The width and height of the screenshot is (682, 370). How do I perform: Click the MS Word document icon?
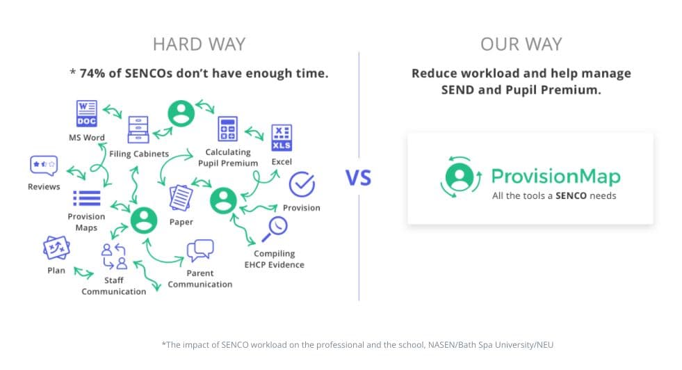(x=87, y=113)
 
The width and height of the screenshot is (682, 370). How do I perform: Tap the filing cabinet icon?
(x=138, y=130)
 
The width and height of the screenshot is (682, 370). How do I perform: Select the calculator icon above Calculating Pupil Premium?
(x=227, y=129)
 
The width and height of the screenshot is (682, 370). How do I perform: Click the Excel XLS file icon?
(x=282, y=138)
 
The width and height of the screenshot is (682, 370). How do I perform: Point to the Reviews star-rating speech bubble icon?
(x=44, y=166)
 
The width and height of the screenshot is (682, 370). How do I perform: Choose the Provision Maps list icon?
(x=87, y=198)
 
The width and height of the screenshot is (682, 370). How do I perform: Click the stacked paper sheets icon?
(x=181, y=198)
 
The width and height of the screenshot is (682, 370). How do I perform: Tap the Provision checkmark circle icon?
(x=302, y=184)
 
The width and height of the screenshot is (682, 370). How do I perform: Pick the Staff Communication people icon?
(x=114, y=256)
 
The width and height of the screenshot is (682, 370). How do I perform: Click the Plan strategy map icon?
(x=56, y=248)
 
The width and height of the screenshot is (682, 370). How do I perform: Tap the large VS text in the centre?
(x=359, y=178)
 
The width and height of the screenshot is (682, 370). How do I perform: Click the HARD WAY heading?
(x=200, y=45)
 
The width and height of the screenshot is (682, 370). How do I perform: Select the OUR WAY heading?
(x=521, y=45)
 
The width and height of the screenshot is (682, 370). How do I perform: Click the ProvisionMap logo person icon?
(x=460, y=177)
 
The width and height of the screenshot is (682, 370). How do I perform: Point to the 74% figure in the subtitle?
(x=92, y=73)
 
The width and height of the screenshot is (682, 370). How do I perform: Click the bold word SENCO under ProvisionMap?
(x=571, y=196)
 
